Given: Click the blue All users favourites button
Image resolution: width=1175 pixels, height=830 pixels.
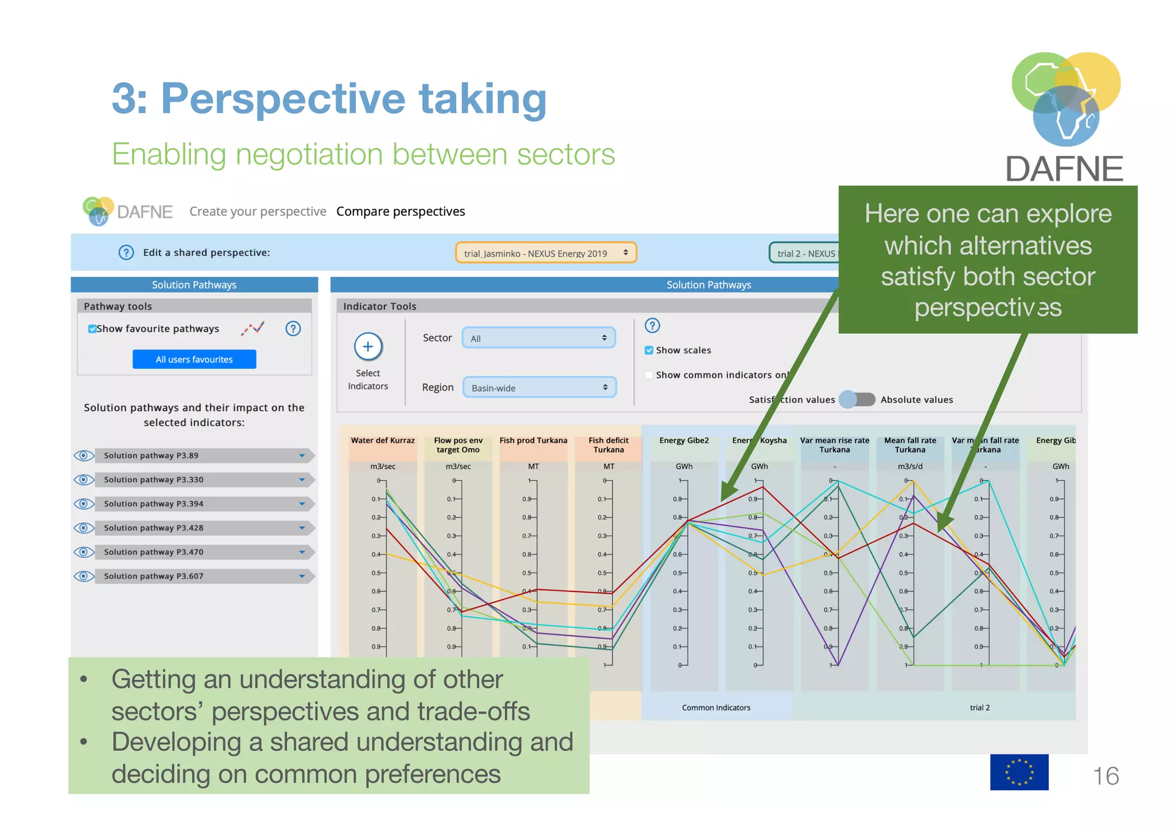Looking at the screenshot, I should (x=194, y=359).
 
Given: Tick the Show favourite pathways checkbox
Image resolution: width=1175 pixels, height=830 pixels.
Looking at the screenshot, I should (x=92, y=329).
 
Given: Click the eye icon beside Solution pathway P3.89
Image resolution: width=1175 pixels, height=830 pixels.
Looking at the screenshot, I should (x=84, y=455).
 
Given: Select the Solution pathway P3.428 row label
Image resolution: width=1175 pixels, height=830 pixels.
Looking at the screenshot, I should (x=154, y=528).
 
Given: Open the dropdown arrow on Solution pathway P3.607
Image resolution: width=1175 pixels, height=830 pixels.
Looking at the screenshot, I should (x=302, y=576).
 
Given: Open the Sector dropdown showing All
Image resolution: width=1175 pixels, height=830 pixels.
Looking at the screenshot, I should (x=538, y=338).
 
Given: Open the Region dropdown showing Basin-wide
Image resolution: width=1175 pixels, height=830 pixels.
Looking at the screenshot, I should (x=539, y=388).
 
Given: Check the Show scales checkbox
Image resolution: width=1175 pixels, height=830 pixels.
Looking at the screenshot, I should (x=649, y=350).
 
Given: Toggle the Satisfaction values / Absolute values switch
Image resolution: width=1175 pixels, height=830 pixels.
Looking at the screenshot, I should (x=857, y=399).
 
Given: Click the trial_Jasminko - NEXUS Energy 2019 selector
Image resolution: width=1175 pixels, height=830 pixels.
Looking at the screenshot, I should (x=545, y=253).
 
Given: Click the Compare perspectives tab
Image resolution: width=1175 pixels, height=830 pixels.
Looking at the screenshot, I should (x=400, y=212).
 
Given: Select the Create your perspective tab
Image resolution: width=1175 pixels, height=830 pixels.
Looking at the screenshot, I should (x=258, y=212).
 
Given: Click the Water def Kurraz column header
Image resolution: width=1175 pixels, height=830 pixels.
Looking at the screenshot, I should (x=383, y=441).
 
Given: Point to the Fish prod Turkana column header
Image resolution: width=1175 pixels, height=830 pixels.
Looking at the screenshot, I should (x=533, y=441).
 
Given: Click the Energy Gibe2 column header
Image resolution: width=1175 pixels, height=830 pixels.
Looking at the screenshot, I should (x=684, y=441).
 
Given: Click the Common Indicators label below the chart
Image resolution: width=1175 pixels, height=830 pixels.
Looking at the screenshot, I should (x=716, y=708).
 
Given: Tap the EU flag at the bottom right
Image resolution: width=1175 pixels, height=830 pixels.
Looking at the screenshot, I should (x=1019, y=772).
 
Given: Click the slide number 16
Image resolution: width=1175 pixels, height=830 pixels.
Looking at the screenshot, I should (x=1105, y=776).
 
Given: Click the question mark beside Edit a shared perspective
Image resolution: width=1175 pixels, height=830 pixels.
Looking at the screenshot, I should (x=126, y=252).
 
